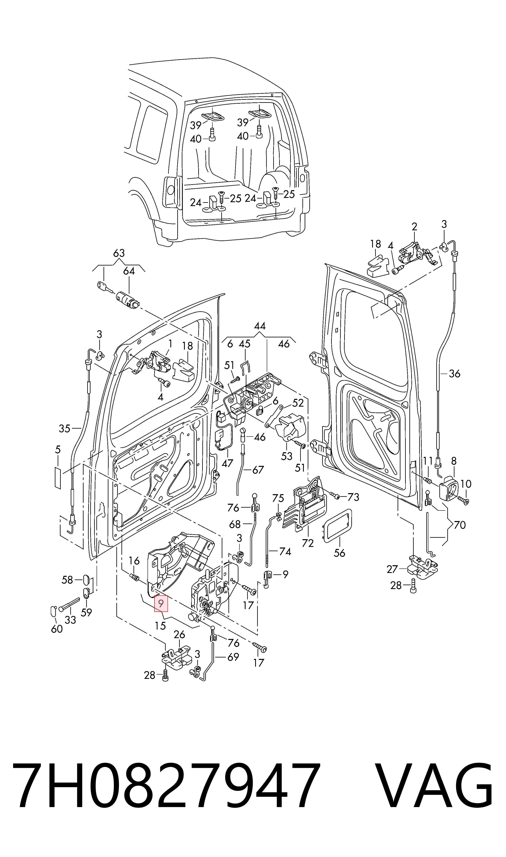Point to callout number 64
[x=129, y=271]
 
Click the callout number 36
[x=454, y=374]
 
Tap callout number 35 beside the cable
[x=64, y=428]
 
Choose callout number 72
[x=308, y=543]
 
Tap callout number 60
[x=57, y=629]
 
